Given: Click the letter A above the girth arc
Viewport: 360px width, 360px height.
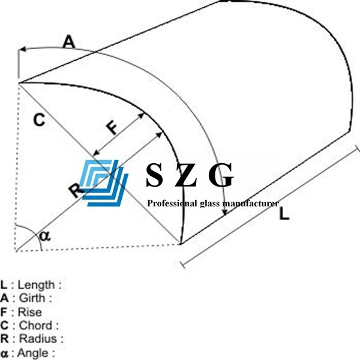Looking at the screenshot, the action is (x=69, y=42).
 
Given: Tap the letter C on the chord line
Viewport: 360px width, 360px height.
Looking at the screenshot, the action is (x=39, y=120).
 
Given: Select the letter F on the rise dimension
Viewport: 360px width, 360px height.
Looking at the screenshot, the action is (x=112, y=128).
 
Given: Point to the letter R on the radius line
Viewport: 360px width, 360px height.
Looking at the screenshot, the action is (x=76, y=190).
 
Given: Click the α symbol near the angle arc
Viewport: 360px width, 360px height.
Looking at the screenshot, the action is (x=45, y=236).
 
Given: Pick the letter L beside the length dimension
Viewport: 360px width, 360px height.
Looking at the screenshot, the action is (x=284, y=214).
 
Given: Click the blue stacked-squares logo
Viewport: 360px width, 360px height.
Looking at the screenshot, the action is (x=104, y=183).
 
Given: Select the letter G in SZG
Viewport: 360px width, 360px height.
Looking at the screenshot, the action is (x=221, y=175).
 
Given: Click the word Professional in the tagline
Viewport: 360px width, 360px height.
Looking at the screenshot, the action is (x=172, y=203).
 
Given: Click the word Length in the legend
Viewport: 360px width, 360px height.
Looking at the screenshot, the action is (x=36, y=285).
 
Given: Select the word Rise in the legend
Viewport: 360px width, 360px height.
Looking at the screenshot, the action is (x=30, y=312).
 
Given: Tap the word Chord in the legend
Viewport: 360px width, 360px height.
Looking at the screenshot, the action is (x=35, y=325).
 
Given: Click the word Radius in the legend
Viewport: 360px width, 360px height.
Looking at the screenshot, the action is (x=38, y=338).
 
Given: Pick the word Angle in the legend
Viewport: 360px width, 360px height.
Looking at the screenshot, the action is (x=33, y=353).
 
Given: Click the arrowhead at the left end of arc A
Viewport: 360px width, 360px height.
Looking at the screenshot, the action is (x=22, y=49).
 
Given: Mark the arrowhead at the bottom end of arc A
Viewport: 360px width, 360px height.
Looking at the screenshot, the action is (x=225, y=212).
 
